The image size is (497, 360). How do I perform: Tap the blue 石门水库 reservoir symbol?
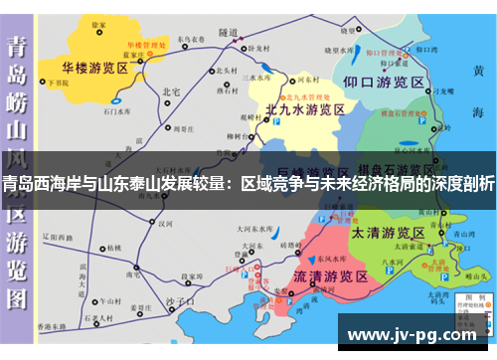(x=117, y=100)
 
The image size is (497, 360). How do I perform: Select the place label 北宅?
(x=170, y=91)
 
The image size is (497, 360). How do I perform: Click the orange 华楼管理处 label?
(x=143, y=46)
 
